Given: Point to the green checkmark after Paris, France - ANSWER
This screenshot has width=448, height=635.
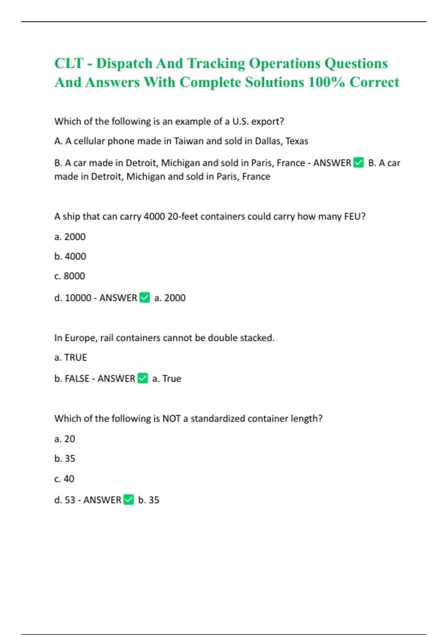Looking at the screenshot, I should tap(358, 163).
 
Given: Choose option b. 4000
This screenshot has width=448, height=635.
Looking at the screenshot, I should tap(70, 257).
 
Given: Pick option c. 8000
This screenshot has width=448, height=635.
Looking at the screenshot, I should tap(69, 276).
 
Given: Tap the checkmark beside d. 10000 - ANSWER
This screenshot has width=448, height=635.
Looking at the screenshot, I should tap(144, 298).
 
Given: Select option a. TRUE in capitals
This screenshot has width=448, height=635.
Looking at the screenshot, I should tap(71, 358).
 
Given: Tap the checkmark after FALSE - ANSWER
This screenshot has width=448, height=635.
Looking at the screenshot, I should tap(143, 378).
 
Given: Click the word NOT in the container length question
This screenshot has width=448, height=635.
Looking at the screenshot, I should tap(172, 419).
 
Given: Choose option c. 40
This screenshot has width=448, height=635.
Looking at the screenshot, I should tap(64, 479).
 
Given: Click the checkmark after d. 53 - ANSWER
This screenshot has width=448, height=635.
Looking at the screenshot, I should tap(129, 500).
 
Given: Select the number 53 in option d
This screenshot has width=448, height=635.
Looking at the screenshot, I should tap(70, 500).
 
